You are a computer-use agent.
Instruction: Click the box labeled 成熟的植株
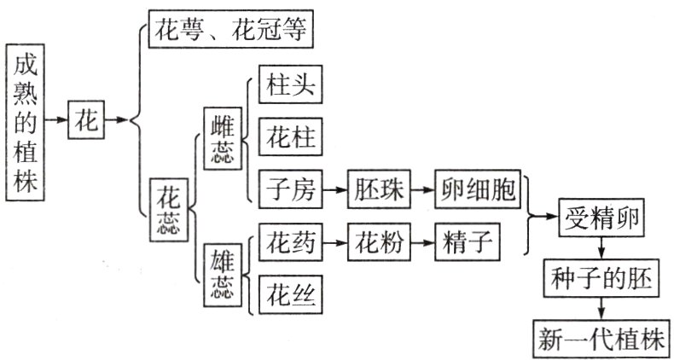[26, 120]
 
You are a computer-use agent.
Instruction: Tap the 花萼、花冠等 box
[232, 31]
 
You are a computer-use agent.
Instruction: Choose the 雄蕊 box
[221, 274]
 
